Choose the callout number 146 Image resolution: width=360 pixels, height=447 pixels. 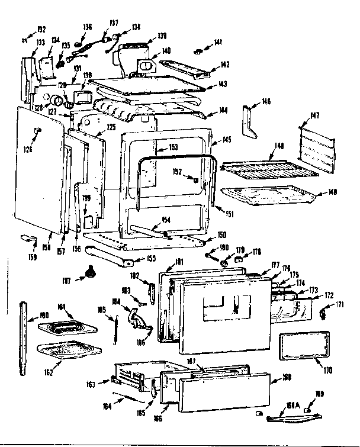tap(266, 102)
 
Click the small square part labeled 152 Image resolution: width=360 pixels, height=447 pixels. tap(195, 179)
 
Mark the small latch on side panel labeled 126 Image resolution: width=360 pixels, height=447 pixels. tap(38, 129)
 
